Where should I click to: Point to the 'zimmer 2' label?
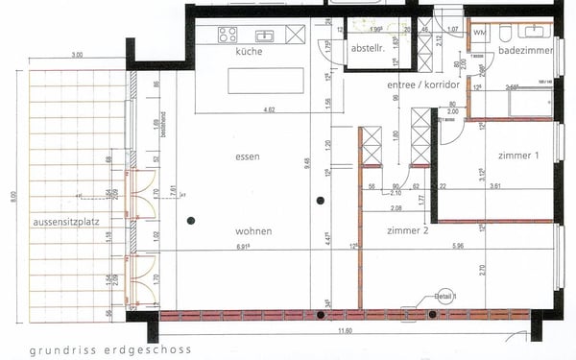point(407,231)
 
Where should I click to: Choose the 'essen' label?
point(249,155)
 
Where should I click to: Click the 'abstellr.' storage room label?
point(368,48)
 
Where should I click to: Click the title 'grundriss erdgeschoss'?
point(110,349)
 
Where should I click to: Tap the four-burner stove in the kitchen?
point(228,35)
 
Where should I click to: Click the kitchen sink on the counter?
point(263,36)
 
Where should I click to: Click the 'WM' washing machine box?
point(479,36)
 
